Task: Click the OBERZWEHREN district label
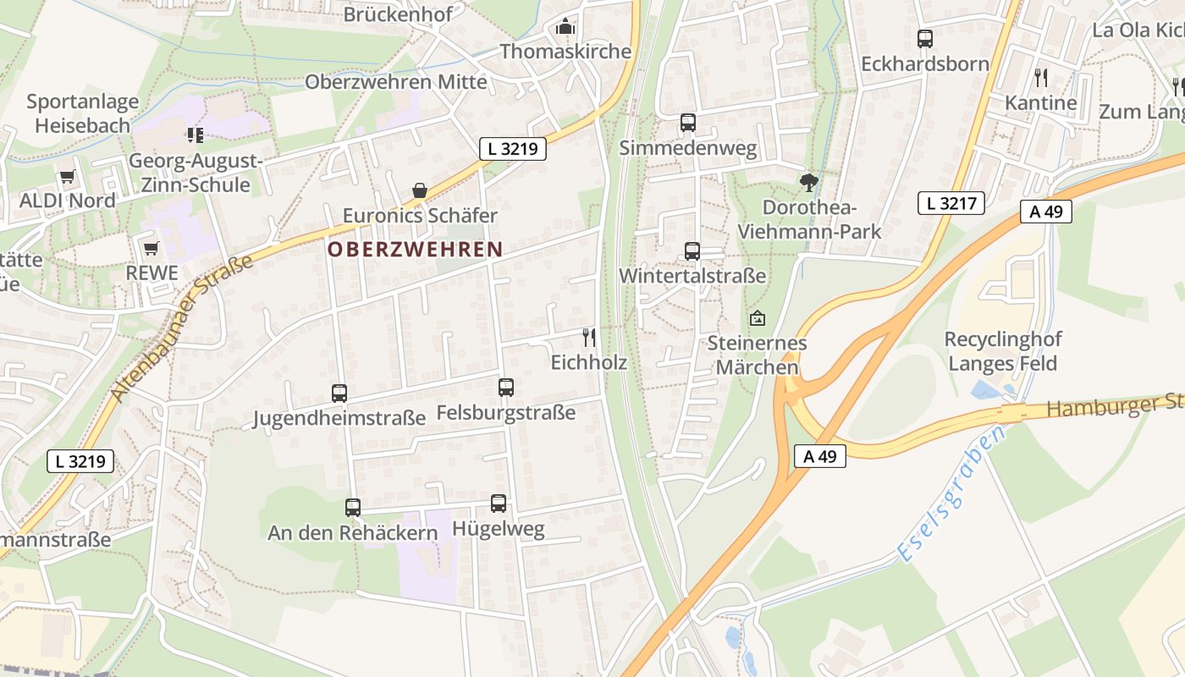tap(415, 250)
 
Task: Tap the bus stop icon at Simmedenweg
tap(688, 123)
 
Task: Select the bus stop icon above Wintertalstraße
tap(692, 251)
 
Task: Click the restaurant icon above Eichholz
tap(589, 338)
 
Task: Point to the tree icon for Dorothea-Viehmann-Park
tap(809, 181)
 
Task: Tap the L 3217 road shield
tap(951, 203)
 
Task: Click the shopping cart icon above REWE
tap(152, 248)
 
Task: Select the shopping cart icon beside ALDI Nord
tap(67, 177)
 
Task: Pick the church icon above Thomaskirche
tap(565, 27)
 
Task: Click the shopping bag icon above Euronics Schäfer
tap(420, 191)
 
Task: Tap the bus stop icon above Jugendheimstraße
tap(339, 394)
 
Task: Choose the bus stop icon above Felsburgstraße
tap(506, 388)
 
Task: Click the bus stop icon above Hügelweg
tap(499, 504)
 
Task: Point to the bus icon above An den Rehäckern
tap(353, 508)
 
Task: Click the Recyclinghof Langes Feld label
tap(1003, 351)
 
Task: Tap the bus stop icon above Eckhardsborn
tap(924, 39)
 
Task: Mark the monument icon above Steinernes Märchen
tap(757, 319)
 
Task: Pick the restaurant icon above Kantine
tap(1041, 78)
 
